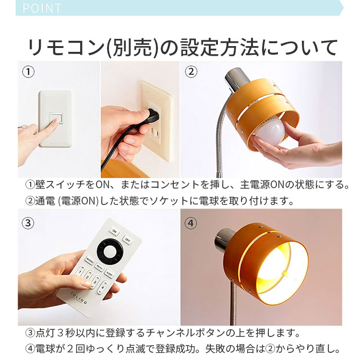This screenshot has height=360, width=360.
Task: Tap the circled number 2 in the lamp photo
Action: pyautogui.click(x=191, y=72)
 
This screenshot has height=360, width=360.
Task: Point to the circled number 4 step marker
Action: pyautogui.click(x=191, y=223)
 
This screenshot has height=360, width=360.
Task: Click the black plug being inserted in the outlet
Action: pyautogui.click(x=153, y=115)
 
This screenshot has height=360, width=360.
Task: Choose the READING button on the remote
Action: pyautogui.click(x=90, y=260)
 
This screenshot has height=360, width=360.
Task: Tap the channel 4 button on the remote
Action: pyautogui.click(x=105, y=289)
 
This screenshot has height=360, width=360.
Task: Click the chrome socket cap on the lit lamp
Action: pyautogui.click(x=225, y=239)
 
